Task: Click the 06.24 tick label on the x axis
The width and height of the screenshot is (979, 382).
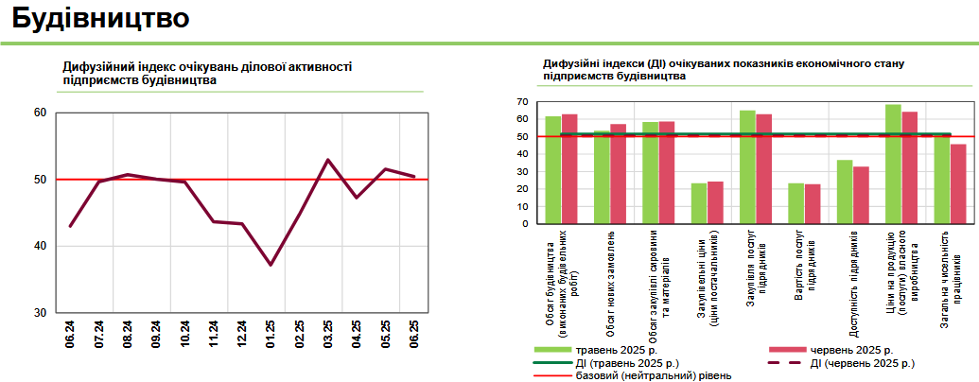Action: pos(71,334)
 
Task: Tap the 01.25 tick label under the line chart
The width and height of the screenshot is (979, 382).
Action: pos(271,334)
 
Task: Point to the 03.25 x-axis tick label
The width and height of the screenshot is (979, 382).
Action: pos(328,334)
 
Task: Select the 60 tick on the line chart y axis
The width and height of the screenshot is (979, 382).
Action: pos(40,113)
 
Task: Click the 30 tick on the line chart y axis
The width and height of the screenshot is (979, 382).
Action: pos(40,313)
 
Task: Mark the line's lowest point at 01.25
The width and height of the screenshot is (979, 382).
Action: pos(271,265)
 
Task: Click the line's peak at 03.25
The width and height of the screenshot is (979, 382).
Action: pos(327,160)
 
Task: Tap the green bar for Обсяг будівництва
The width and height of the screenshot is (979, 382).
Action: pos(552,170)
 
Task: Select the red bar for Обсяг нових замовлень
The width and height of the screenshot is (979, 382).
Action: pos(618,174)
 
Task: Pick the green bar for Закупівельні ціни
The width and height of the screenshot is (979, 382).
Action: pos(699,203)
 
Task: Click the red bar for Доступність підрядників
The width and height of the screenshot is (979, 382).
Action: pos(861,195)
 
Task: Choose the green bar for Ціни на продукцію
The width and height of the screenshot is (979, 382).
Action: pos(893,164)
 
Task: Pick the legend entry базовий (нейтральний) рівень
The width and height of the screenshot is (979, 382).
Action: pos(653,375)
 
